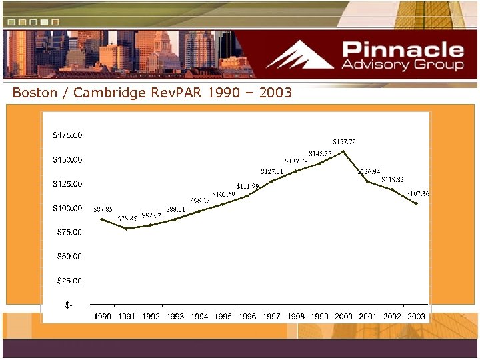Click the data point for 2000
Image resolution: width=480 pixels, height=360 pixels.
343,151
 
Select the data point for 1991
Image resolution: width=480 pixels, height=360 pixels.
127,228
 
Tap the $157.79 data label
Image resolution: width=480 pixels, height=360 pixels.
344,141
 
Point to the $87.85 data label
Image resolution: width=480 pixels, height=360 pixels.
103,209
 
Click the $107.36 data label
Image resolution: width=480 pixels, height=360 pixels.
418,193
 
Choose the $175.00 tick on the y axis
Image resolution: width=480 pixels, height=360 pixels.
67,135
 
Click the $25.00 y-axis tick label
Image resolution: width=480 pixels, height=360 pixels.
67,281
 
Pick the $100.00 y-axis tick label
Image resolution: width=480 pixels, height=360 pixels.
67,208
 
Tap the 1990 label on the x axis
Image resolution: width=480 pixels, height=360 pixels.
103,316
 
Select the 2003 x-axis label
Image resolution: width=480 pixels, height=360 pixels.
416,316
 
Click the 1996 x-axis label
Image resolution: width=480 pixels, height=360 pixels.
247,316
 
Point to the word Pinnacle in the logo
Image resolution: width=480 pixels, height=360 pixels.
403,50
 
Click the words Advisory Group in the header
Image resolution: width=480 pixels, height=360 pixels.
403,65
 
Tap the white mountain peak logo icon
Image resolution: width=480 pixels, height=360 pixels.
301,55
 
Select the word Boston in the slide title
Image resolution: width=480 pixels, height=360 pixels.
35,93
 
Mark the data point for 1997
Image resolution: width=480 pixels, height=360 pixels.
271,181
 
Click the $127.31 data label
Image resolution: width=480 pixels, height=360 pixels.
272,171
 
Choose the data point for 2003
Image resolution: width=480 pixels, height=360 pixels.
416,203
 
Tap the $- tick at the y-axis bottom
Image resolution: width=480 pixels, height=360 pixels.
69,305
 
